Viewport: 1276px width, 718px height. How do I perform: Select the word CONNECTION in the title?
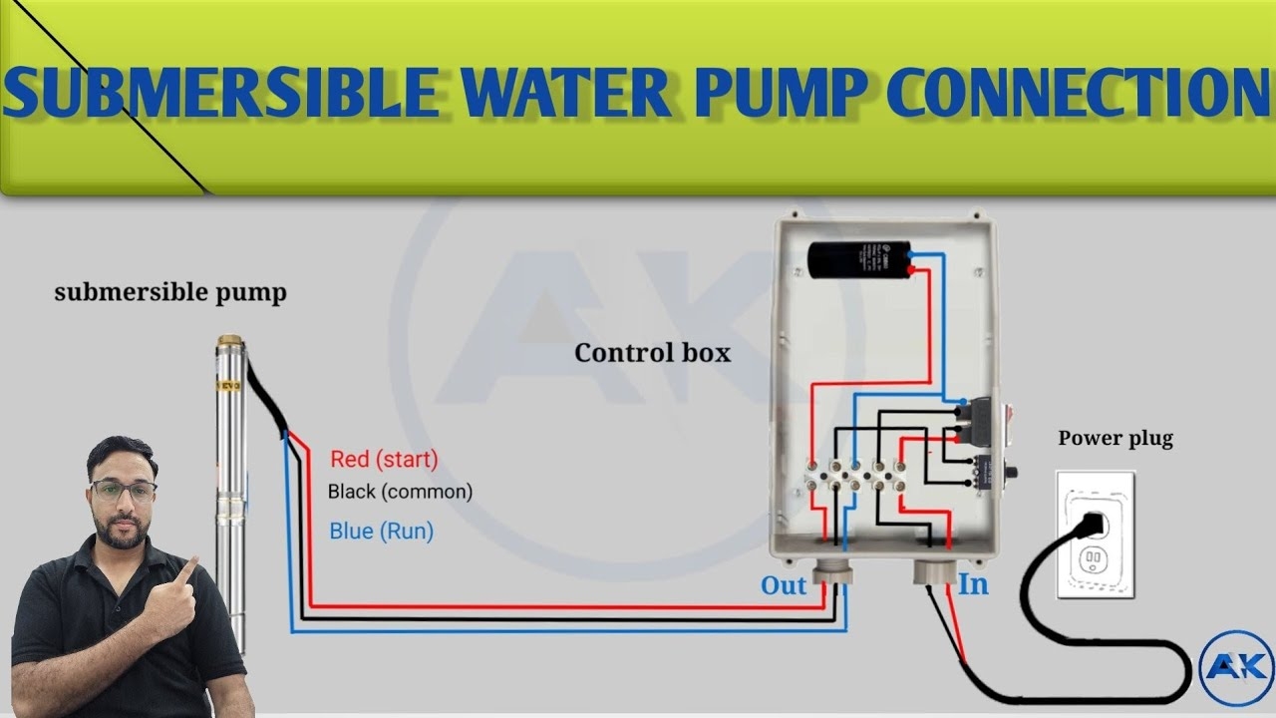point(1077,92)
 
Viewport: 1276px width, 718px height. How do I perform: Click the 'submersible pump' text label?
point(169,292)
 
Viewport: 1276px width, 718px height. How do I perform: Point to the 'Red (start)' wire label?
point(384,459)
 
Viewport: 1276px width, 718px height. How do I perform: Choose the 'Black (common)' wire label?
point(400,492)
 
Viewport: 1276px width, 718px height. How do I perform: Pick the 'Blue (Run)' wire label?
point(381,532)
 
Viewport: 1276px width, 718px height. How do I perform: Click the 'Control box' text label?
point(652,353)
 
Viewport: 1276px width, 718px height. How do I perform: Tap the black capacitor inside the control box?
point(857,261)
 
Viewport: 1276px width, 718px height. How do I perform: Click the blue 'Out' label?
point(784,585)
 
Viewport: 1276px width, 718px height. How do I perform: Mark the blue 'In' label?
point(973,584)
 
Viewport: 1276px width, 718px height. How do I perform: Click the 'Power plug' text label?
point(1116,438)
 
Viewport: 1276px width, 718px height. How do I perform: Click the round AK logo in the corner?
point(1237,667)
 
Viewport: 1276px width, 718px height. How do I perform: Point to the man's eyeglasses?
point(123,491)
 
